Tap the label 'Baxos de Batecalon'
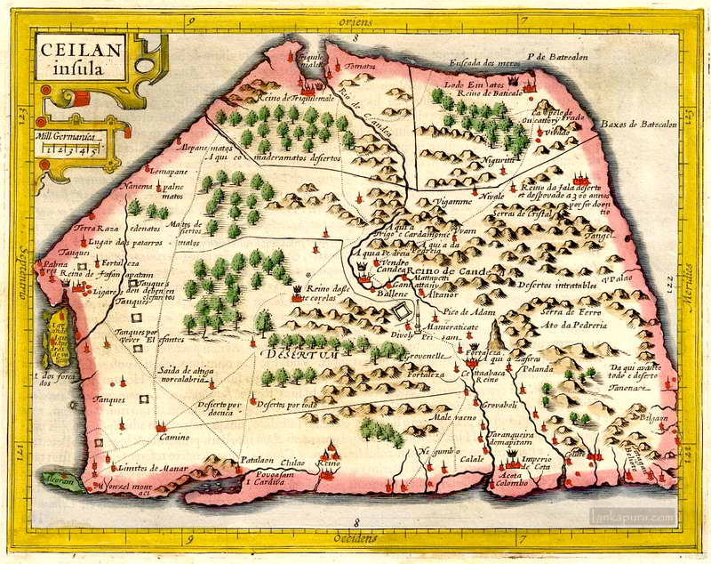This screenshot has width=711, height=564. [x=638, y=125]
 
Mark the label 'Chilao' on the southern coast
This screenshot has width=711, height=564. [x=293, y=462]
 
